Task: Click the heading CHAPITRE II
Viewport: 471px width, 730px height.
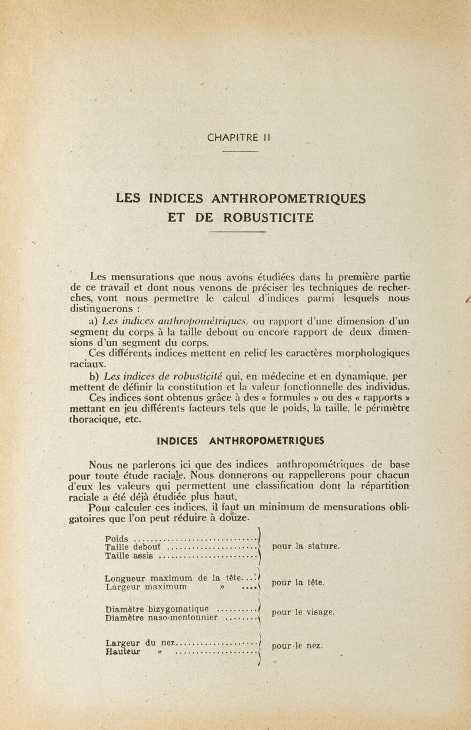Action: (238, 138)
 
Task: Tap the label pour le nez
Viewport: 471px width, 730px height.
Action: (297, 646)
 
